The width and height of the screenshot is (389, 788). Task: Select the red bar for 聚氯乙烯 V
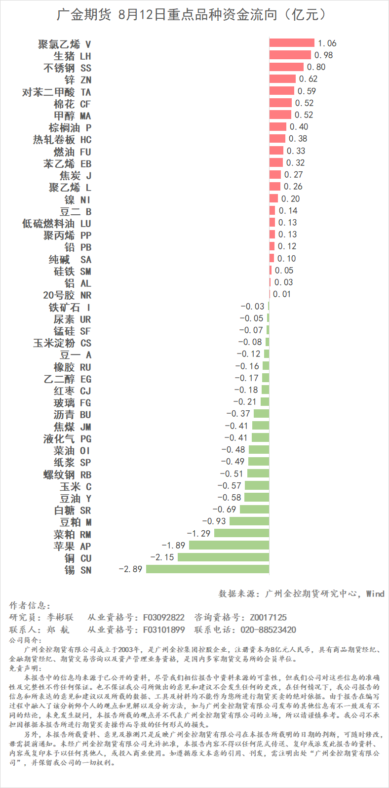292,43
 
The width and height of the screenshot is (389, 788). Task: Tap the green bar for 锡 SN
207,569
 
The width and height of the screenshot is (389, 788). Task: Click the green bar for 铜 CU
223,557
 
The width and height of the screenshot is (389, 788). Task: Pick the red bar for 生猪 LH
290,55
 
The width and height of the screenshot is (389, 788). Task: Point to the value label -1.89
173,545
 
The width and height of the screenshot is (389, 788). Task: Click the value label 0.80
316,67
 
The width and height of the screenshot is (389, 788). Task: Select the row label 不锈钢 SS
67,68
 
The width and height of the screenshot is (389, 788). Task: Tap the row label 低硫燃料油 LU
57,224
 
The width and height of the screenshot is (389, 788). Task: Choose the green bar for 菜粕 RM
241,533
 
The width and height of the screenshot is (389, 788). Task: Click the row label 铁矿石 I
69,307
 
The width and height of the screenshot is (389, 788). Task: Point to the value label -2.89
130,569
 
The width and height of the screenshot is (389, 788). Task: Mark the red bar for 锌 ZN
282,79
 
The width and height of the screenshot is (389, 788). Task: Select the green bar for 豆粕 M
249,521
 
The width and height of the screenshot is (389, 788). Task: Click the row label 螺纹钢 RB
67,474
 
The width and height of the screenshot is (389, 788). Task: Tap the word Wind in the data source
375,593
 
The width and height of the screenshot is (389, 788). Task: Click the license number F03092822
164,617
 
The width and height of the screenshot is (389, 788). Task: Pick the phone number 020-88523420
268,630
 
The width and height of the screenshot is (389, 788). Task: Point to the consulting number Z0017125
268,617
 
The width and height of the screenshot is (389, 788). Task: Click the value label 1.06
327,43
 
